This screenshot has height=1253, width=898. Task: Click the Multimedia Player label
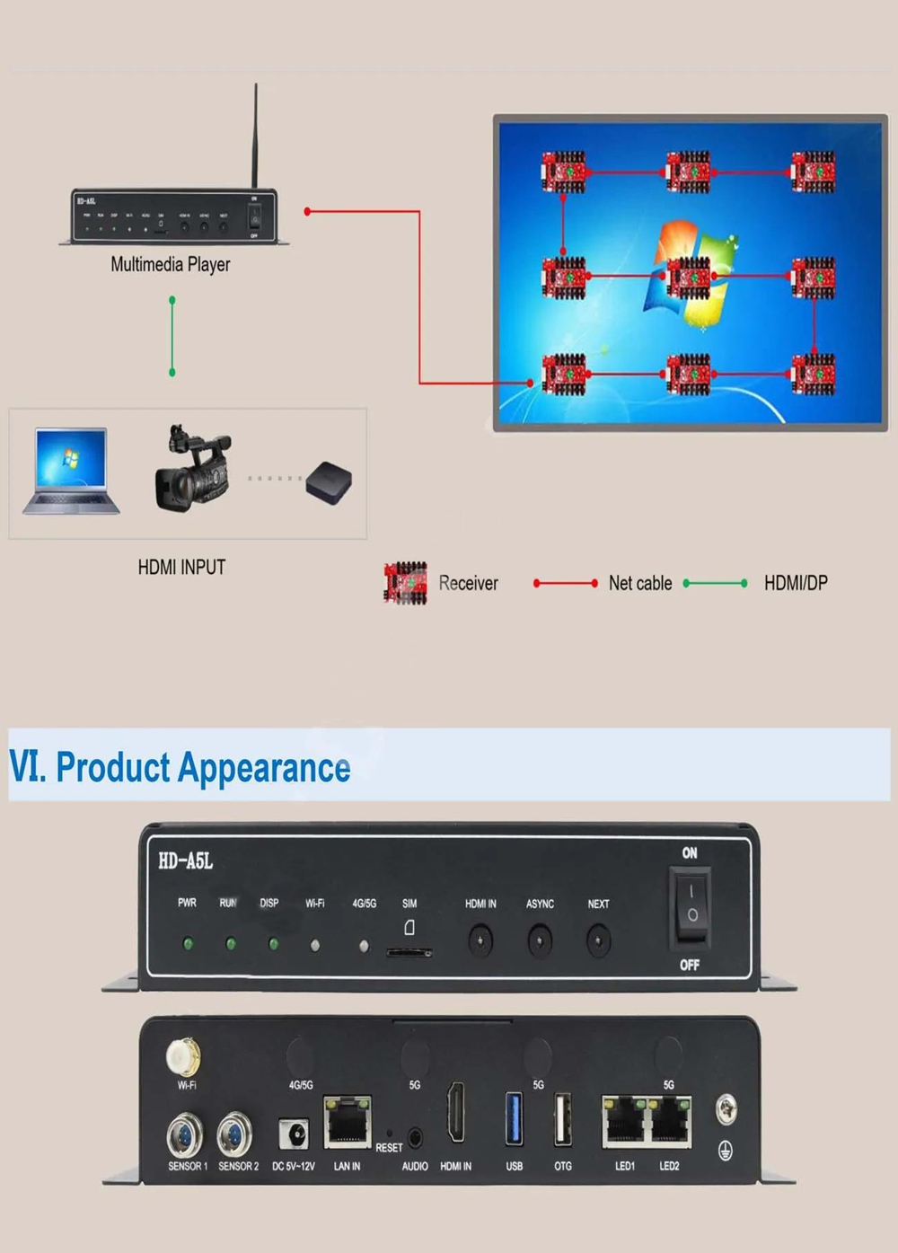click(171, 264)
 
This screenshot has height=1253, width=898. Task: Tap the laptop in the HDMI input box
click(70, 471)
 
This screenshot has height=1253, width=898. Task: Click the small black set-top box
click(328, 482)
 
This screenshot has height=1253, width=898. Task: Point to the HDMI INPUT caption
click(181, 568)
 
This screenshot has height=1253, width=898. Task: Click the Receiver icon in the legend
click(406, 583)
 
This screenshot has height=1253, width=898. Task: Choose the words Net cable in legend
click(639, 583)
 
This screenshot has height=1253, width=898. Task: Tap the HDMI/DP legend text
click(796, 583)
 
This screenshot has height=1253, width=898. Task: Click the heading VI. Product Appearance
click(180, 768)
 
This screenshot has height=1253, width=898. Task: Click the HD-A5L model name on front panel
click(185, 861)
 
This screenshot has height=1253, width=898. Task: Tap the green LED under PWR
click(188, 944)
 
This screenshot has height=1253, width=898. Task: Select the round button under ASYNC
click(539, 941)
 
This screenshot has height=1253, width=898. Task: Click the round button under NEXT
click(598, 941)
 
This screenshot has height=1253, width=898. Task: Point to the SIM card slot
click(409, 951)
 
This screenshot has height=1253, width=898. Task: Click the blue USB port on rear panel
click(514, 1119)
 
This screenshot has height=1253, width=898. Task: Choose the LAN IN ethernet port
click(347, 1121)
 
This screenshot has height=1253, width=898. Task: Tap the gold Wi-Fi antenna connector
click(184, 1056)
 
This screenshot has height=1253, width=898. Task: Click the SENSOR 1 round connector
click(185, 1135)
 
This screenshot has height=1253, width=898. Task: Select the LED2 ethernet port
click(670, 1121)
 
